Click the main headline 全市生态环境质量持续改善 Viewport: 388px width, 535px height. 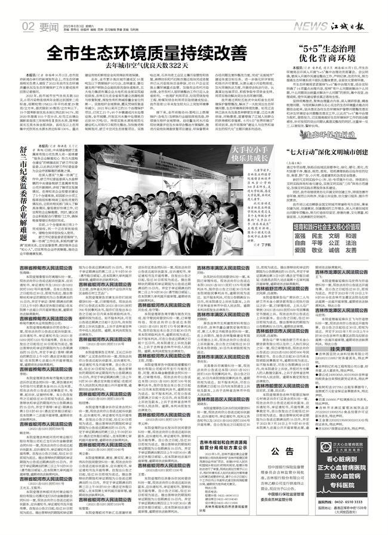(147, 52)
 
